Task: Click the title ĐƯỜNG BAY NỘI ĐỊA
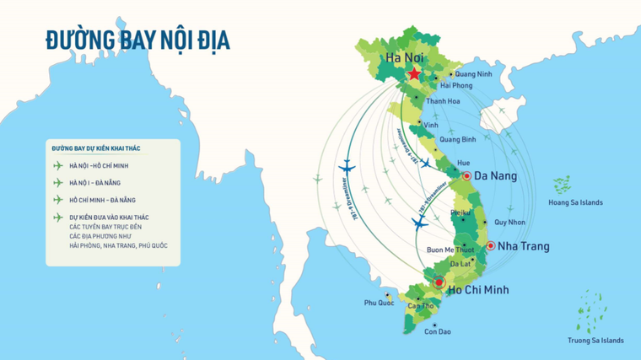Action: [137, 40]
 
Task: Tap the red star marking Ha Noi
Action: [414, 74]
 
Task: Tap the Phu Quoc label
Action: [379, 303]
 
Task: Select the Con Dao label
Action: [437, 331]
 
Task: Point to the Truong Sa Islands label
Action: [595, 341]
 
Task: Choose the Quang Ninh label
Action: [472, 73]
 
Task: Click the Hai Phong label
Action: [456, 85]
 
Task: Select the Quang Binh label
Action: [458, 139]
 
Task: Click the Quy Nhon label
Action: [509, 223]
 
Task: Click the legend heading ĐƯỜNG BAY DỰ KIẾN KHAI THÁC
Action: [95, 148]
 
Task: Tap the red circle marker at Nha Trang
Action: [490, 245]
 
